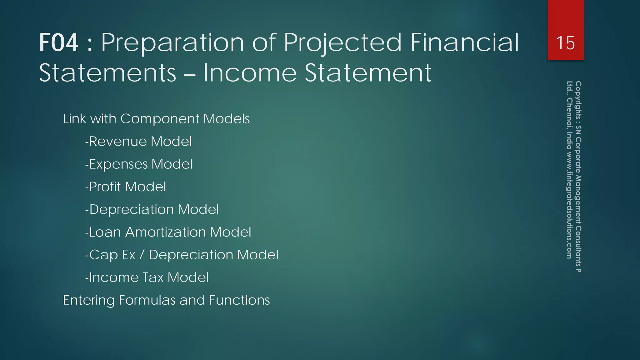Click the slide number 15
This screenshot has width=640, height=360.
565,43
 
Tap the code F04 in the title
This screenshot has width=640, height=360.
58,43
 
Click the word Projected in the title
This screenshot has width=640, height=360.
342,43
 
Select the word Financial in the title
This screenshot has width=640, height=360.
464,43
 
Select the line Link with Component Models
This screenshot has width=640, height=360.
156,119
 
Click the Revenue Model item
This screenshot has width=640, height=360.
138,142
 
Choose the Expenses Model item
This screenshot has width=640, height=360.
139,164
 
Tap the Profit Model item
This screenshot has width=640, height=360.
126,187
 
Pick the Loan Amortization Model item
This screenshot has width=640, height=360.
168,232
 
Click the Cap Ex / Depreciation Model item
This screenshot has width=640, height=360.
182,255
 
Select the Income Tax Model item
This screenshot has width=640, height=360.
147,277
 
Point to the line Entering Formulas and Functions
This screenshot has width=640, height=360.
166,300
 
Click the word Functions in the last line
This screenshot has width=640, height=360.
239,300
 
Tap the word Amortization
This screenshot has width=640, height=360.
166,232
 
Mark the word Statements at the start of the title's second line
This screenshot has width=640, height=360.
108,73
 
